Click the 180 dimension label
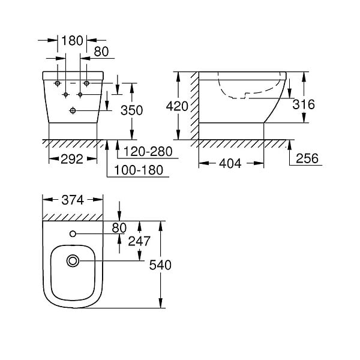[x=72, y=41]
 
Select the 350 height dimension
[x=132, y=110]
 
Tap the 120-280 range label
[x=148, y=152]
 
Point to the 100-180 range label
[x=139, y=170]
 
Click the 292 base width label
[x=72, y=159]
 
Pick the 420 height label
[x=177, y=106]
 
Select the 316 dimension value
[x=304, y=104]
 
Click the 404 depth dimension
[x=230, y=163]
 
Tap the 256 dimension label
[x=307, y=158]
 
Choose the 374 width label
[x=73, y=200]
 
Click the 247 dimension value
[x=139, y=241]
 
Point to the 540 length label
[x=160, y=265]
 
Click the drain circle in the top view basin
[x=73, y=261]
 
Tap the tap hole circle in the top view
[x=73, y=234]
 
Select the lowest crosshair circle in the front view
[x=73, y=110]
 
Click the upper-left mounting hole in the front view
[x=58, y=83]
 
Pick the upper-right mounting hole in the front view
[x=86, y=83]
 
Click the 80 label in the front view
[x=101, y=52]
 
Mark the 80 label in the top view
[x=119, y=228]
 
